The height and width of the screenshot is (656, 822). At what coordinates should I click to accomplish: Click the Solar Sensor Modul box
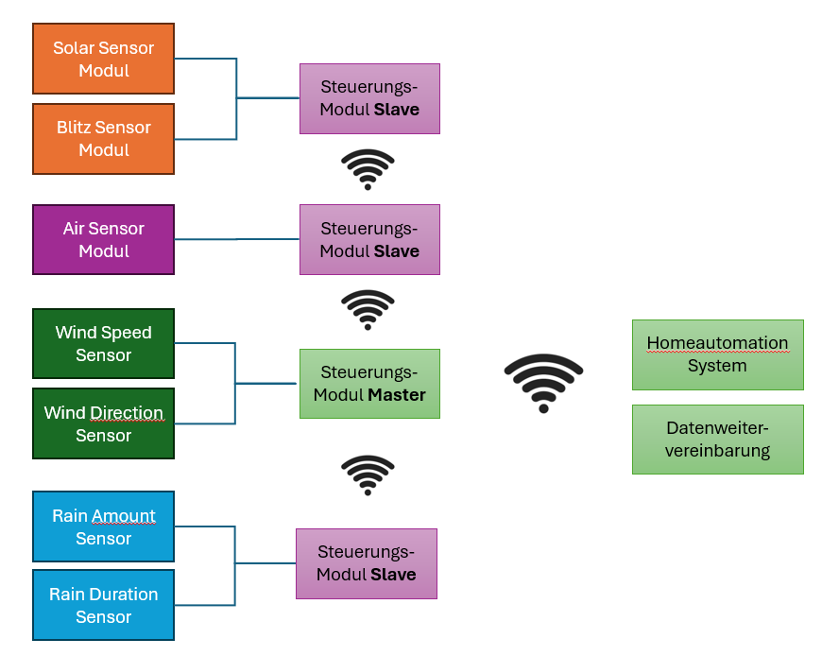[104, 59]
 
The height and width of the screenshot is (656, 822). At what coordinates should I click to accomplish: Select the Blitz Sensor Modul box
[104, 139]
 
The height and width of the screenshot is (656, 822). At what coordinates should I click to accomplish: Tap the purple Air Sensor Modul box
[104, 240]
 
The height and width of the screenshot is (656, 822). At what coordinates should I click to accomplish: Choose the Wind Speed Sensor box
[104, 344]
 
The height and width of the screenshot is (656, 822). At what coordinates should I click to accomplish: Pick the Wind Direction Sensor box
[104, 423]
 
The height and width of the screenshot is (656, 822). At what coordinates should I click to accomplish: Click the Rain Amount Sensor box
[104, 527]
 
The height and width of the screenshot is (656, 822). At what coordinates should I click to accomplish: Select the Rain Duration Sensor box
[104, 606]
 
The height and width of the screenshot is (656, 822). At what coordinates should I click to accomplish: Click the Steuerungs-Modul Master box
[369, 384]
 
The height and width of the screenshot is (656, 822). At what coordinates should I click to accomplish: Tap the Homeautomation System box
[717, 354]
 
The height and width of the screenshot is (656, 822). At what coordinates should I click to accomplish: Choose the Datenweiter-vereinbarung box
[717, 440]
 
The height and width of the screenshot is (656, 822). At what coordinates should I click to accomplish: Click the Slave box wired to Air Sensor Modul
[369, 240]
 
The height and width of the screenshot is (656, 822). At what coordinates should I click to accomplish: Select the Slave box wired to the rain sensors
[367, 563]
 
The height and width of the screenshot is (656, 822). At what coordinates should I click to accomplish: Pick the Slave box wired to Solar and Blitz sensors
[369, 98]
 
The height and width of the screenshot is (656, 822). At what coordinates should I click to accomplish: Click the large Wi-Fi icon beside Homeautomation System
[543, 382]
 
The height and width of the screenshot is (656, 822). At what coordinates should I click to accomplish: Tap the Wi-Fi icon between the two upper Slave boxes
[368, 169]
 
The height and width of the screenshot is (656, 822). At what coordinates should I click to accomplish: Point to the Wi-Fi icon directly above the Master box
[368, 309]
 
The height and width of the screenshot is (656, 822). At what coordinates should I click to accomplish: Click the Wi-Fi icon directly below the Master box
[368, 475]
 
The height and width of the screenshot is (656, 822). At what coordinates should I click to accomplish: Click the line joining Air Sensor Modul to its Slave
[236, 240]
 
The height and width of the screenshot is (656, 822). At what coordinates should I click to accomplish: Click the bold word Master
[397, 395]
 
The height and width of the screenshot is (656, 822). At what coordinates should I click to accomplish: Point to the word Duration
[123, 595]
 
